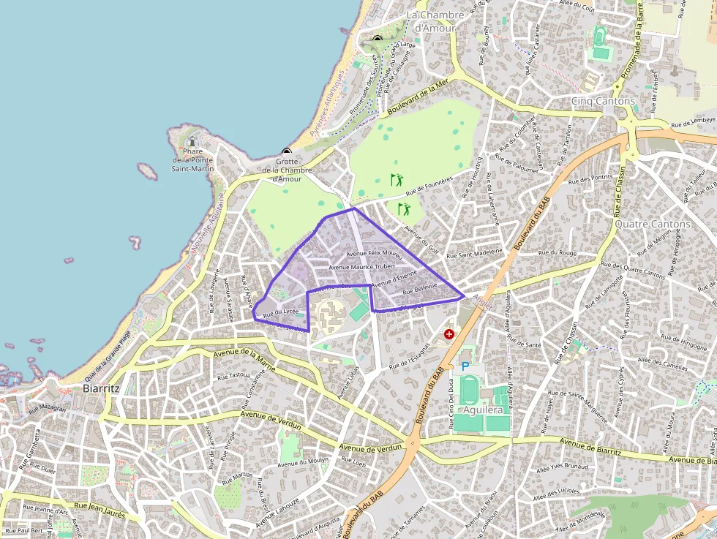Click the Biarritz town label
click(x=101, y=388)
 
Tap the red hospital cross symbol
click(x=449, y=333)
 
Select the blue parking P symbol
click(x=465, y=365)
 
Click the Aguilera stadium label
click(x=483, y=410)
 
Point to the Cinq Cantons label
click(x=603, y=101)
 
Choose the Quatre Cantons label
click(x=652, y=224)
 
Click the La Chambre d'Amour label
click(x=435, y=21)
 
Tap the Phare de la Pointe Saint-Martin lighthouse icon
click(x=192, y=140)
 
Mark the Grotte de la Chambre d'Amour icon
click(x=286, y=152)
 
